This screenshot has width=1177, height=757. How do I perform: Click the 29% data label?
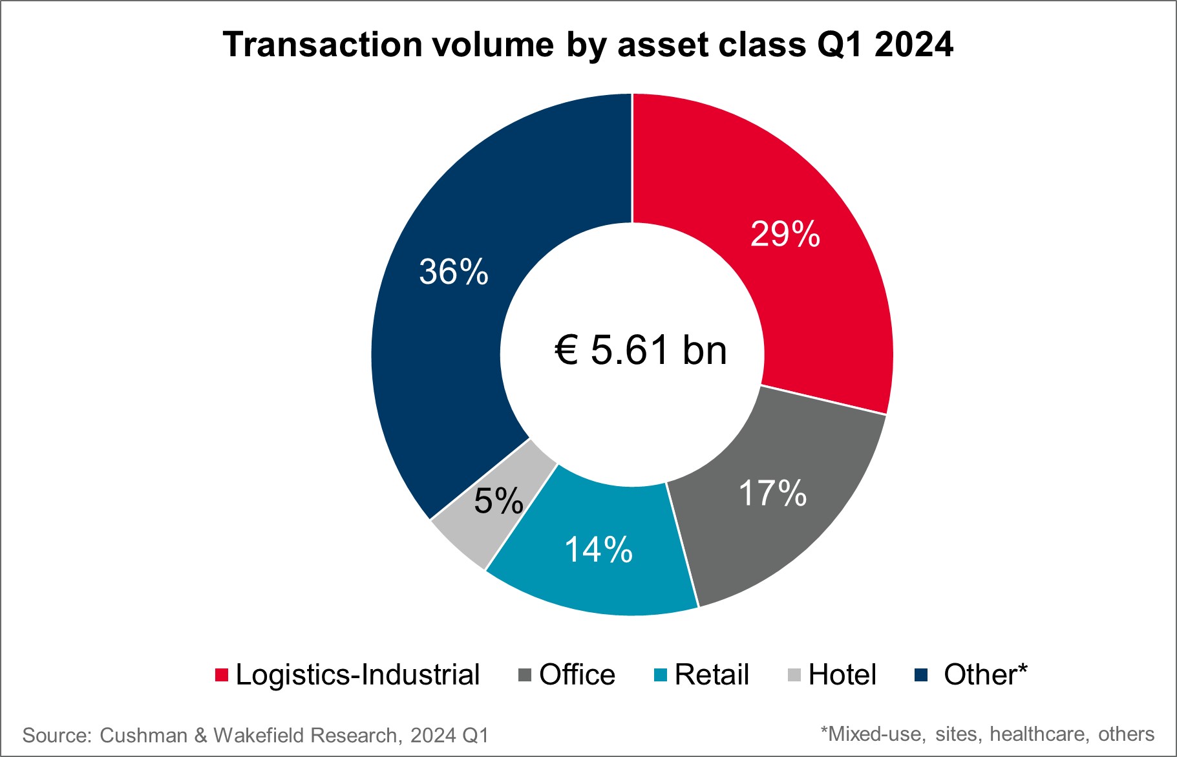click(x=785, y=234)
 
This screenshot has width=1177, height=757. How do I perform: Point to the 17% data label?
click(x=772, y=493)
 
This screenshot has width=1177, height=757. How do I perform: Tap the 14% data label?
click(x=599, y=550)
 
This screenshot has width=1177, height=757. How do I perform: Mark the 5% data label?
click(x=498, y=501)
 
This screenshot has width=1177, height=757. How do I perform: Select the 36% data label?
click(x=454, y=272)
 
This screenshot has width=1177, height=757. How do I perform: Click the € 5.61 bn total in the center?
click(x=641, y=350)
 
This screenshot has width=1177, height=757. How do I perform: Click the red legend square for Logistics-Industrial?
click(x=222, y=675)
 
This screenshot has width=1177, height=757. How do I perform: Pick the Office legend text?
click(x=577, y=675)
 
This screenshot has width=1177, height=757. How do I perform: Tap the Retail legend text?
click(x=712, y=675)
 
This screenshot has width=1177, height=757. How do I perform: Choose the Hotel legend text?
click(x=842, y=675)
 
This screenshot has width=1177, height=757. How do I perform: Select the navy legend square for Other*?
click(x=921, y=675)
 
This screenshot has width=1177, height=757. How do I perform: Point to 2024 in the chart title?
click(x=914, y=45)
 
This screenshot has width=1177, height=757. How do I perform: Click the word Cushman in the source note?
click(x=143, y=736)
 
